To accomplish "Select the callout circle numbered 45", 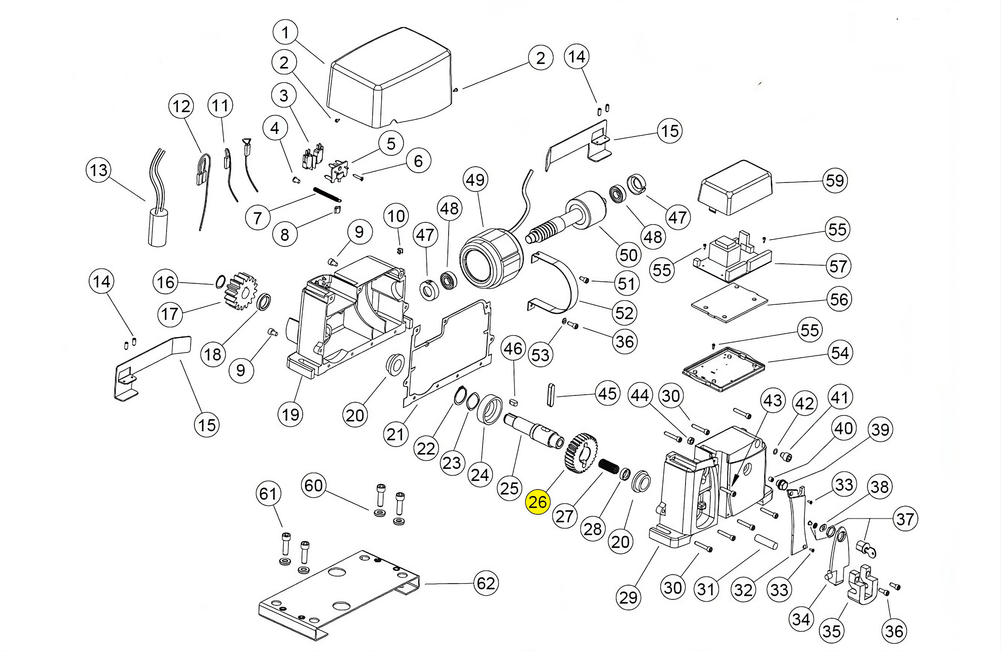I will point(607,394).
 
